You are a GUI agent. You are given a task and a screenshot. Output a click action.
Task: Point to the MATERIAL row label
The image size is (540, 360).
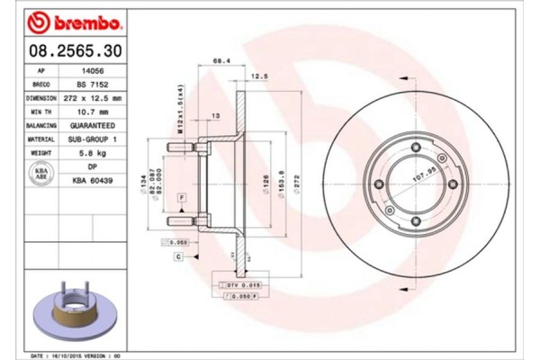(41, 140)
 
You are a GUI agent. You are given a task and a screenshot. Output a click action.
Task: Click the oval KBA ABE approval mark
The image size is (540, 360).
(41, 174)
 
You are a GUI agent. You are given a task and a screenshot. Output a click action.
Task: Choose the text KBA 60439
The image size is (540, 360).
(90, 181)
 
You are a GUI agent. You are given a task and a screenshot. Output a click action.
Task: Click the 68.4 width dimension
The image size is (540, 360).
(219, 62)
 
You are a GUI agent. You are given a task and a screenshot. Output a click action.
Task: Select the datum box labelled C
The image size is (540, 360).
(179, 256)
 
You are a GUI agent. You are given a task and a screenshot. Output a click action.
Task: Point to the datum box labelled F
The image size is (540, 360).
(181, 195)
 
